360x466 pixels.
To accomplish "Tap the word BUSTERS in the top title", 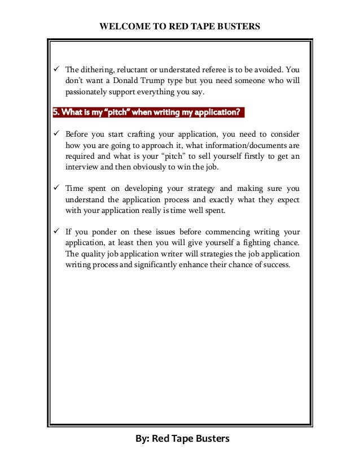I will click(x=236, y=26).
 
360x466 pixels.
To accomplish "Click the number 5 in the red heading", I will click(x=55, y=112).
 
